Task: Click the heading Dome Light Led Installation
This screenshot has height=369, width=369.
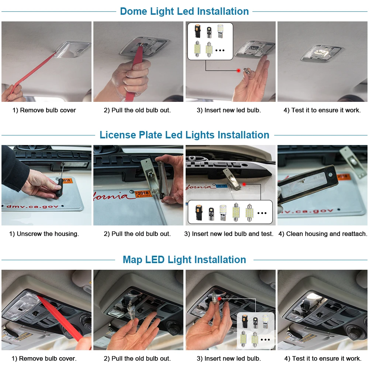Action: click(184, 11)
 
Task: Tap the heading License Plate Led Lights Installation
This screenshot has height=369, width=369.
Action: click(184, 135)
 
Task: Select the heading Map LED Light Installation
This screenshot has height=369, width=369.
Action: click(184, 259)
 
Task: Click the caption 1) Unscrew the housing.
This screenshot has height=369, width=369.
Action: click(44, 234)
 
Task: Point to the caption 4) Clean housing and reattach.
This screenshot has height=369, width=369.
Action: click(323, 234)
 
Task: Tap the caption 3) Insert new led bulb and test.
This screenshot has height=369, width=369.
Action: click(229, 234)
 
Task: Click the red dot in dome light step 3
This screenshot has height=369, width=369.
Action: click(238, 70)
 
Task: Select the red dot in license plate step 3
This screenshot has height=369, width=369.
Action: click(244, 184)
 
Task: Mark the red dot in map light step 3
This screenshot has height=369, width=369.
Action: click(219, 299)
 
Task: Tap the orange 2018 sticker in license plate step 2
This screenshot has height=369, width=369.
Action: click(143, 194)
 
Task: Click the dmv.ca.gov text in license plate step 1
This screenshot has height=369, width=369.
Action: click(32, 206)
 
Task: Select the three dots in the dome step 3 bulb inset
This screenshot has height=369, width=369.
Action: click(220, 50)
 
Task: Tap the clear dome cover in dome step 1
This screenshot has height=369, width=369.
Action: click(73, 50)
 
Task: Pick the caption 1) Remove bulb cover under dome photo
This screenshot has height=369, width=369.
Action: click(44, 110)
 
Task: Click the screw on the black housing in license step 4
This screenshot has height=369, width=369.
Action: click(330, 175)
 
